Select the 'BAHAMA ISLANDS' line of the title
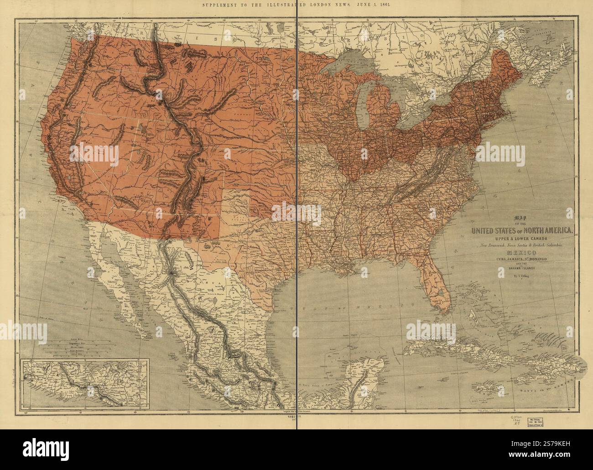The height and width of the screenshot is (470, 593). (x=519, y=269)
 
